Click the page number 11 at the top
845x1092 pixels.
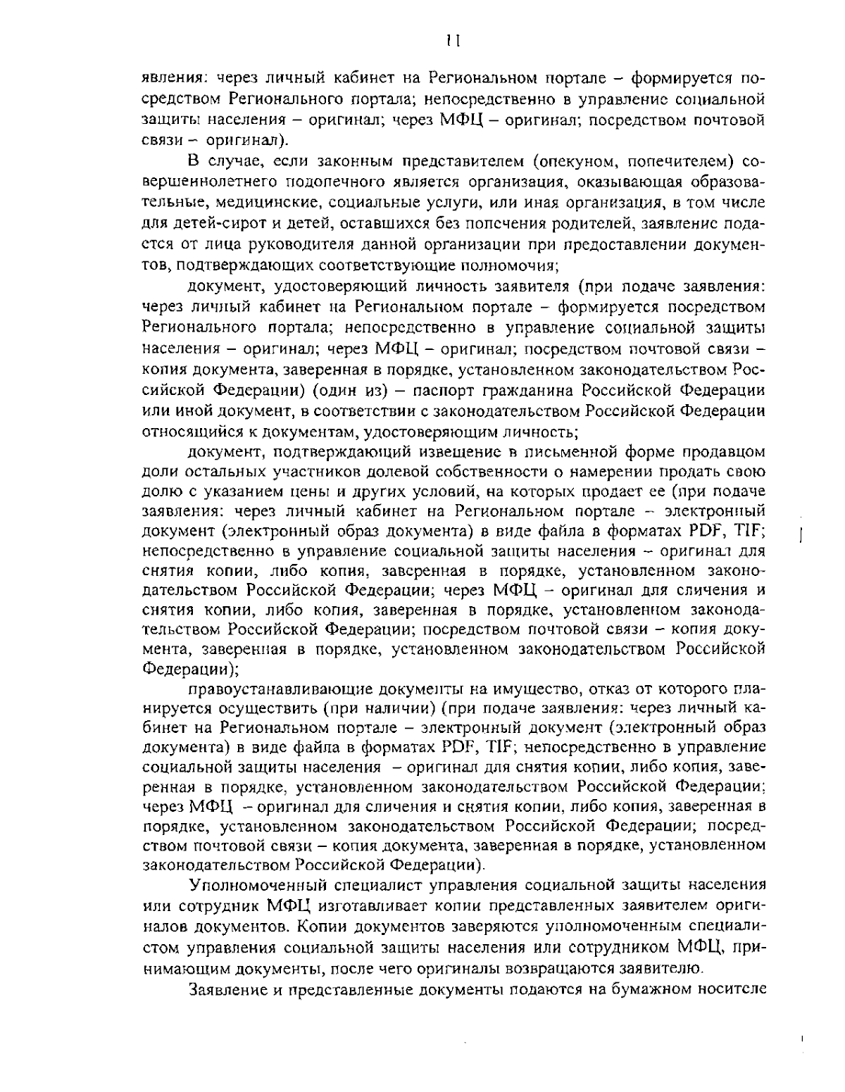tap(453, 41)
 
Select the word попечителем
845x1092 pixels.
tap(677, 163)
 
